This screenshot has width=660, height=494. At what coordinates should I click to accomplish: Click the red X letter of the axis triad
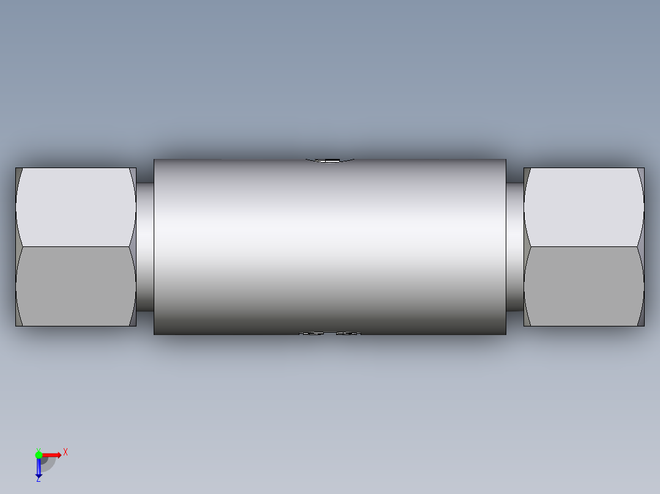[x=66, y=452]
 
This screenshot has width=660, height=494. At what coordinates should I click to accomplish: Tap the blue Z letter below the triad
[x=38, y=479]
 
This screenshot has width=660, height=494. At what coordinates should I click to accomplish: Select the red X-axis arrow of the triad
[x=53, y=455]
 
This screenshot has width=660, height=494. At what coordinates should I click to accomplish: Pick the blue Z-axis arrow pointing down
[x=39, y=468]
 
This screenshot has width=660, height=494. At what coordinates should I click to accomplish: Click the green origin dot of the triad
[x=39, y=455]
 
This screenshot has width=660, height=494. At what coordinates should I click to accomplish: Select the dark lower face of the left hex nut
[x=75, y=286]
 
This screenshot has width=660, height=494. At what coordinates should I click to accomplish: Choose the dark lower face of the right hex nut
[x=583, y=286]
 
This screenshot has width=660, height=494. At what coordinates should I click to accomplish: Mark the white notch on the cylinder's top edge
[x=331, y=161]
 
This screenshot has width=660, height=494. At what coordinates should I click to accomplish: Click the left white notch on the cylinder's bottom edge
[x=313, y=334]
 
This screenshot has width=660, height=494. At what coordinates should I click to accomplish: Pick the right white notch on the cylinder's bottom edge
[x=348, y=334]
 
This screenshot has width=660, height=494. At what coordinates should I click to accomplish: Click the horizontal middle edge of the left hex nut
[x=75, y=246]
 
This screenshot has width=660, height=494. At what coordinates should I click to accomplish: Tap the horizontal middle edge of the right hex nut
[x=583, y=246]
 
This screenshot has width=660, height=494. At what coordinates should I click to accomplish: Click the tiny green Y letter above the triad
[x=38, y=449]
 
